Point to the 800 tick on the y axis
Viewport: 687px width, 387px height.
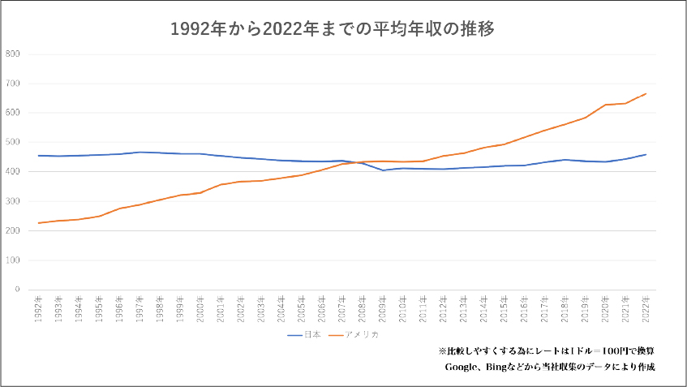tap(13, 54)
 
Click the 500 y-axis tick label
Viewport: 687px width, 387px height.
tap(13, 143)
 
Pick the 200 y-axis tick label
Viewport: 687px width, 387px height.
tap(13, 231)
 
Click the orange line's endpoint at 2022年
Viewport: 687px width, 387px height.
tap(646, 93)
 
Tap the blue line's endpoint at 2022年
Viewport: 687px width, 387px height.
tap(646, 154)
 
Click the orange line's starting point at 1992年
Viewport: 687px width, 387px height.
tap(39, 223)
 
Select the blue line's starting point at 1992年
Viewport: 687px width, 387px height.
tap(39, 156)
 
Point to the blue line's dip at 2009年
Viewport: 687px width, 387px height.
tap(383, 170)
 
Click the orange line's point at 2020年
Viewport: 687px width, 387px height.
tap(605, 105)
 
